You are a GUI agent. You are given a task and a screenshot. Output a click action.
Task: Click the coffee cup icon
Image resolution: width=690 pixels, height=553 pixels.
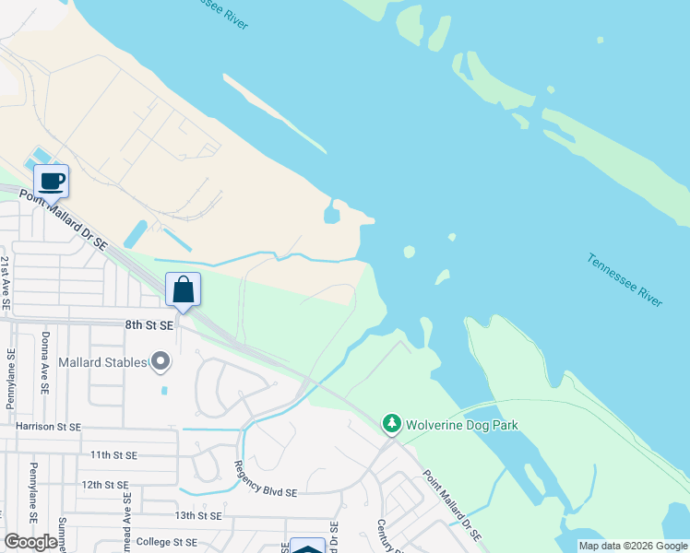coord(51,181)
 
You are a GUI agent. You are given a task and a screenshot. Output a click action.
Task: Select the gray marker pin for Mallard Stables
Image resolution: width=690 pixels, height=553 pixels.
coord(161,361)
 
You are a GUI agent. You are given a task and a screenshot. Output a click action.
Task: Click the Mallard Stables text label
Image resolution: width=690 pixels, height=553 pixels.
coord(103,362)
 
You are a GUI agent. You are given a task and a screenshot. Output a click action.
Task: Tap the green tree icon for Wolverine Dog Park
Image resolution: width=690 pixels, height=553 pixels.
coord(392,424)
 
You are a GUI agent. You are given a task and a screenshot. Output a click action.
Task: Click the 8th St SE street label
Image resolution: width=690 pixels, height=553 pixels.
coord(149,324)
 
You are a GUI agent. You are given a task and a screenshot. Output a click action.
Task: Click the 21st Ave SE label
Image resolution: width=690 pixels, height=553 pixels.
coord(6,282)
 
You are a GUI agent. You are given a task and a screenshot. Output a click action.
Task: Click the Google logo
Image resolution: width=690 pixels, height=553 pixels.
coord(30,542)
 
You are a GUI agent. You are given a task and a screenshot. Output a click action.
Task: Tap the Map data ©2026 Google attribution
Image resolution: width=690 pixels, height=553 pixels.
coord(633,546)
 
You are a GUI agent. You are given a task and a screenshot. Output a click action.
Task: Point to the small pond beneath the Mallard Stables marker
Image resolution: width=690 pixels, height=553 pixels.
coord(163,390)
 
